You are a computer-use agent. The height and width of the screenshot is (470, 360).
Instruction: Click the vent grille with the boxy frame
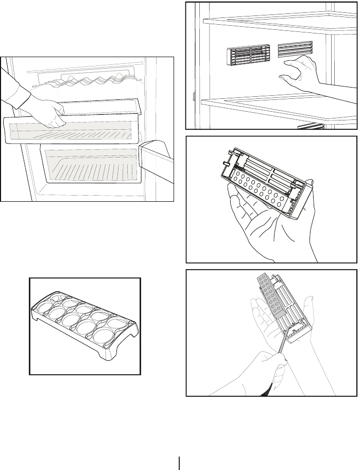tap(248, 55)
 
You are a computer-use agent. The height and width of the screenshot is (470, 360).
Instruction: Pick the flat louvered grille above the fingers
tap(295, 49)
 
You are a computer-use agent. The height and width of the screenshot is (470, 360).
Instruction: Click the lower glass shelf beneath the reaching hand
tap(268, 106)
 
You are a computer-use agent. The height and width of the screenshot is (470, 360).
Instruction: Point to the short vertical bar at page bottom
tap(180, 463)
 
